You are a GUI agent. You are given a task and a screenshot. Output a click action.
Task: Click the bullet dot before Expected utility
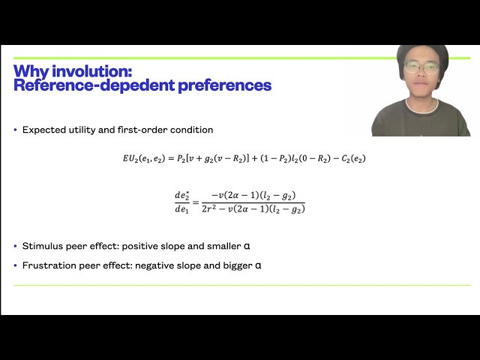tap(15, 130)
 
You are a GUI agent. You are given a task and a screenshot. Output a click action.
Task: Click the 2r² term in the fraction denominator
tap(211, 208)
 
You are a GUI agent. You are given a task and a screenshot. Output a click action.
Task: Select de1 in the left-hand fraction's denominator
tap(182, 208)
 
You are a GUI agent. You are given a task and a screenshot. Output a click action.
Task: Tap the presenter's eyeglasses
tap(421, 67)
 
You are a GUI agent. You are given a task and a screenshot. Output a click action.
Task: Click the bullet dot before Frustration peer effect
tap(15, 265)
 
